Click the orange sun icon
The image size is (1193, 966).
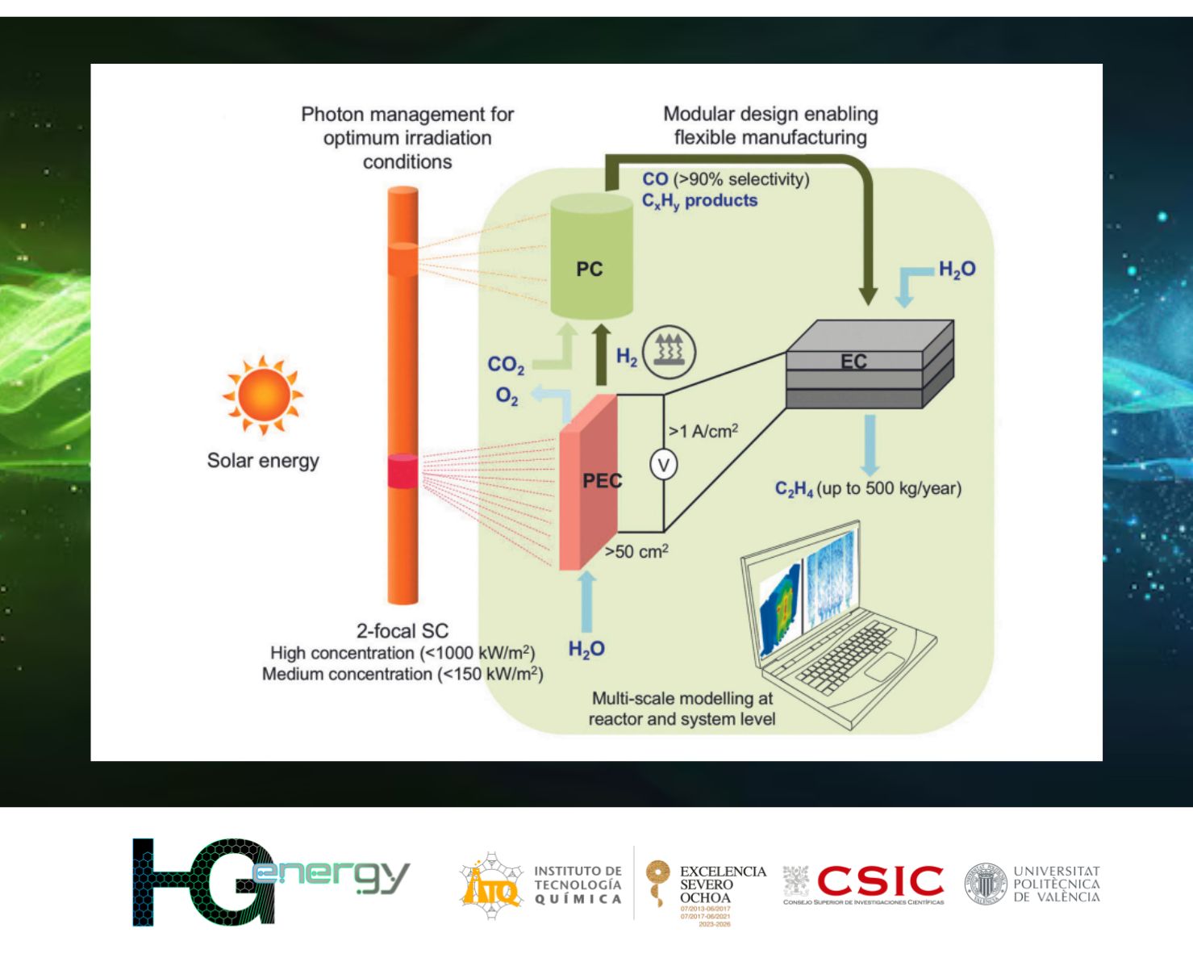coord(263,395)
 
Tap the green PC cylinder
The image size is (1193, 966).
coord(591,258)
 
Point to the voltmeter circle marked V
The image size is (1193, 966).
coord(663,465)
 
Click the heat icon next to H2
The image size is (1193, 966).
coord(669,352)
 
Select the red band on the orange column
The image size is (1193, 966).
coord(403,471)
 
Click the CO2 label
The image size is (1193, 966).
coord(506,365)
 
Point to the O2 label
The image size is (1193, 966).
coord(507,395)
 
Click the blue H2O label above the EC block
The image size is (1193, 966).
coord(957,270)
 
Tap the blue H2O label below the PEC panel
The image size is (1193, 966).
coord(586,649)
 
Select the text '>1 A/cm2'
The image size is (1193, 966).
coord(703,431)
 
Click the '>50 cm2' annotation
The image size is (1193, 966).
coord(636,552)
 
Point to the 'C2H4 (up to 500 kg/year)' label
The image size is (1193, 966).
coord(868,489)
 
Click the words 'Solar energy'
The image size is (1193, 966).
coord(263,461)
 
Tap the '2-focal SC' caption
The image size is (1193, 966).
coord(402,631)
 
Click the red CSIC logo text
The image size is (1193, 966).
coord(880,880)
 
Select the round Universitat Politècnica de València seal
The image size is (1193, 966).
coord(985,884)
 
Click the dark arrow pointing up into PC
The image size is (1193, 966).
coord(601,355)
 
